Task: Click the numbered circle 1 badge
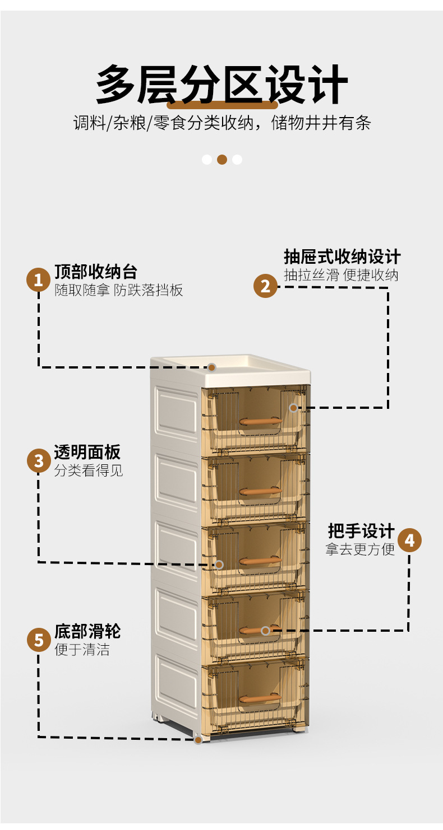pos(38,279)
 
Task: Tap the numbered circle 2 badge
pos(265,286)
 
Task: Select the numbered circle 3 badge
pos(39,460)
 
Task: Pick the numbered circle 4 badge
pos(409,540)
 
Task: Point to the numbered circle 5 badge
pos(39,640)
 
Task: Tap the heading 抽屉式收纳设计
pos(342,257)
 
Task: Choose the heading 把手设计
pos(361,531)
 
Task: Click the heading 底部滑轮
pos(87,631)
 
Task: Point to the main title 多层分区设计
pos(221,85)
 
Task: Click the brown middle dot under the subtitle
pos(222,160)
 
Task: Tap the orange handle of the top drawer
pos(260,421)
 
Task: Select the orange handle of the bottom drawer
pos(260,698)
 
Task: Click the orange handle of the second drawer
pos(260,490)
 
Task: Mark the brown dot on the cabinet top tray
pos(212,367)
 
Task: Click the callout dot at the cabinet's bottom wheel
pos(198,740)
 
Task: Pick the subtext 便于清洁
pos(82,650)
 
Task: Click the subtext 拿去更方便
pos(360,549)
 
